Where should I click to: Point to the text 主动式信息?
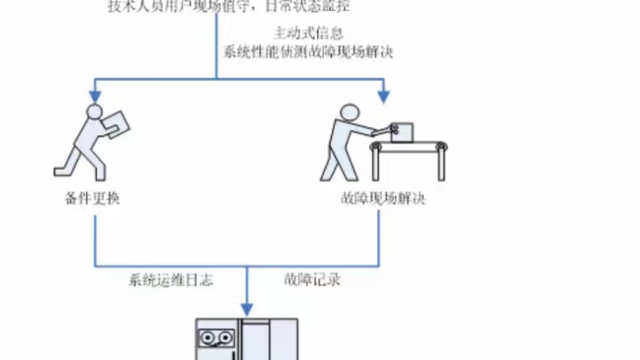[308, 34]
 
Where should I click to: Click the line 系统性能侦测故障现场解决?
[308, 52]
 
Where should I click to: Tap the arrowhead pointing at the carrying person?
[95, 96]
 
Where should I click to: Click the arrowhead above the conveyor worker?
[383, 96]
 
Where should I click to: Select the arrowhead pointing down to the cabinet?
[246, 309]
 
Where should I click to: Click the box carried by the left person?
[117, 124]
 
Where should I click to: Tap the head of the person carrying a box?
[94, 111]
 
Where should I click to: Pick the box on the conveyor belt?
[402, 133]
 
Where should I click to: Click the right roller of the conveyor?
[441, 147]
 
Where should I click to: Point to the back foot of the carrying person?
[61, 172]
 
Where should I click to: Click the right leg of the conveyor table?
[441, 165]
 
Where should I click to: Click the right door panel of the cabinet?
[284, 341]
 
